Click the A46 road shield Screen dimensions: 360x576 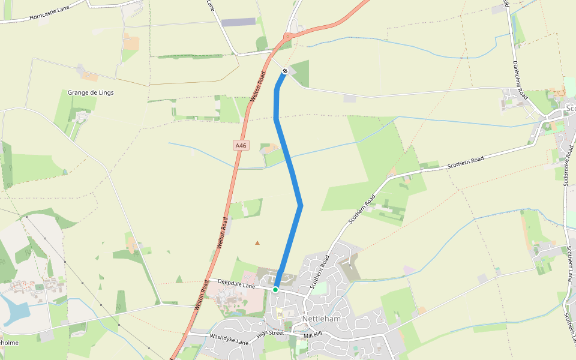tap(241, 145)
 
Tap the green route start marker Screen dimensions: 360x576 tap(275, 290)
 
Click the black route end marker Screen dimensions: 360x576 tap(285, 71)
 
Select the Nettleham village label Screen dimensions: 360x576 tap(322, 319)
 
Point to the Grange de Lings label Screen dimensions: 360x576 tap(91, 93)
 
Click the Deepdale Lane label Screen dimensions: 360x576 tap(236, 284)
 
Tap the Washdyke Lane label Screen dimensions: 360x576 tap(229, 340)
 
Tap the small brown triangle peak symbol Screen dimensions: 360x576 tap(257, 243)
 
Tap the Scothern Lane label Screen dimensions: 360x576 tap(568, 264)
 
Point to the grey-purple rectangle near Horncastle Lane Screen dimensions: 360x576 tap(239, 22)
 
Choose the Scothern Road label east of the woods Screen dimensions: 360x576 tap(465, 163)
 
